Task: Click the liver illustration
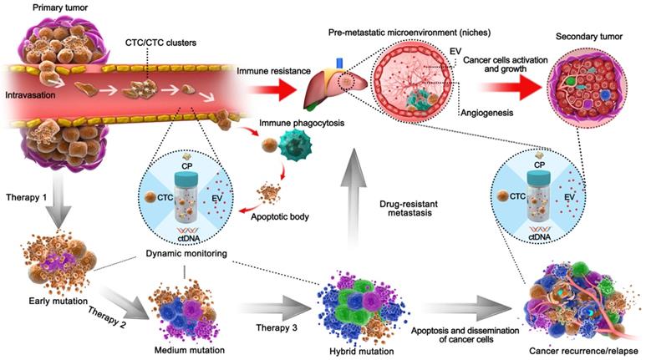(x=326, y=86)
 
